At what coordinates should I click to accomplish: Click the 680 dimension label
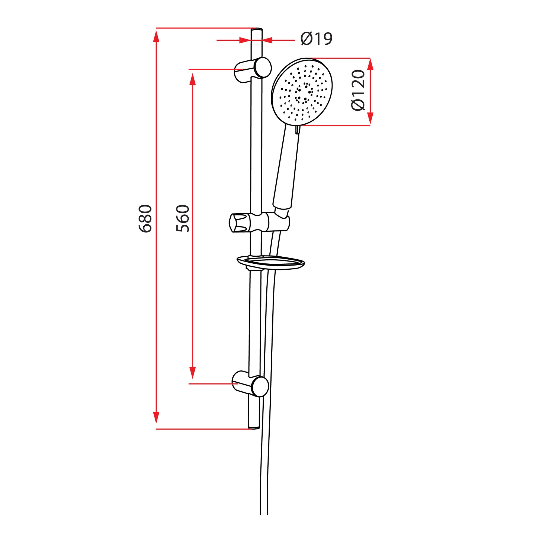[x=145, y=219]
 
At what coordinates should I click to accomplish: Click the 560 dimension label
[x=183, y=219]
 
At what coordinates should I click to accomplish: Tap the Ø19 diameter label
[x=316, y=39]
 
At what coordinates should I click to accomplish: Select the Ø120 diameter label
[x=358, y=90]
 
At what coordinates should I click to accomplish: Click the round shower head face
[x=302, y=91]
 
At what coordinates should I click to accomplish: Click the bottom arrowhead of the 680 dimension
[x=156, y=417]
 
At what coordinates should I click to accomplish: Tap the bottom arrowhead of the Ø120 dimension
[x=370, y=118]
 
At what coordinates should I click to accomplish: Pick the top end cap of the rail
[x=257, y=29]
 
